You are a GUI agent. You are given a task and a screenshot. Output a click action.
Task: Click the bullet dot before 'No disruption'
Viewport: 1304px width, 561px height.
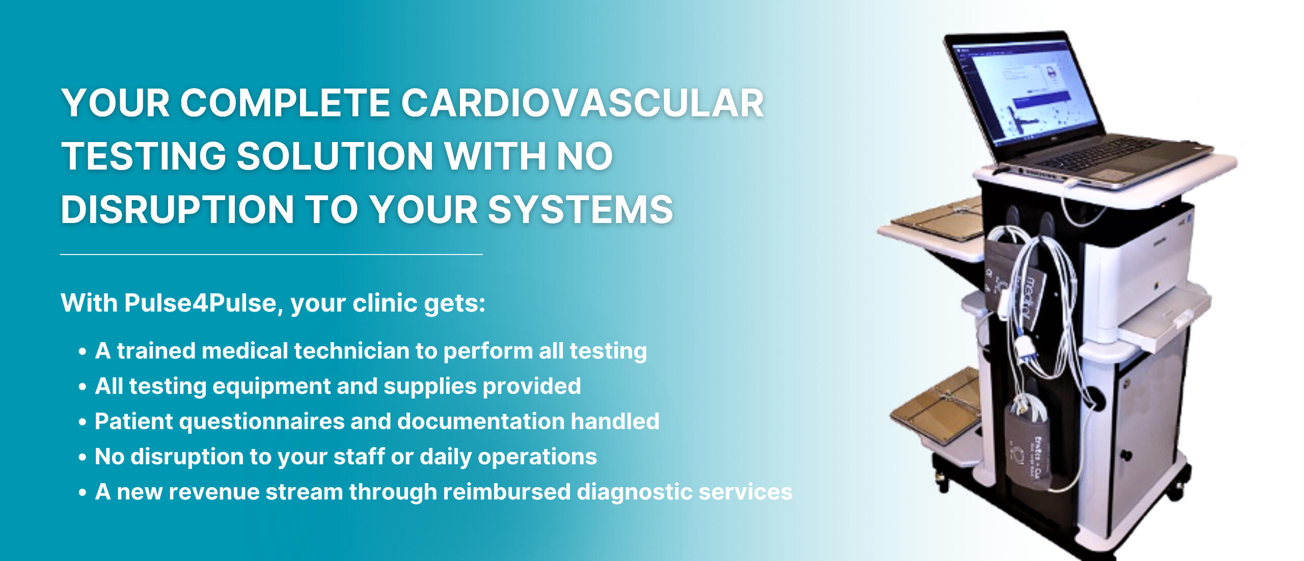click(83, 457)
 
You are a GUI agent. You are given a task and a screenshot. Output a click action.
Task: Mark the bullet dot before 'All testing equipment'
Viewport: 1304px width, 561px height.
click(83, 387)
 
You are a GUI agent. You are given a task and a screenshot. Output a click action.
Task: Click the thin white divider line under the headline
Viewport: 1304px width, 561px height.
click(271, 254)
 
